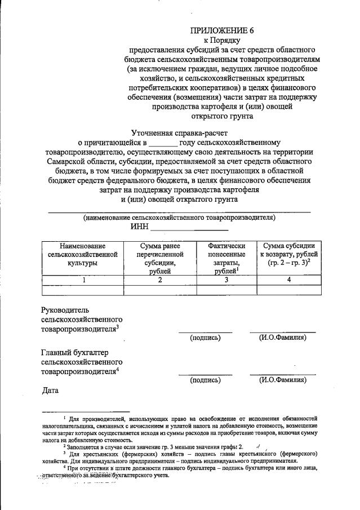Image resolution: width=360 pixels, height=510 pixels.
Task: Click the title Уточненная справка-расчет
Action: (178, 132)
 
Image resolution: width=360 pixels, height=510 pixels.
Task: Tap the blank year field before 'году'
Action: (163, 143)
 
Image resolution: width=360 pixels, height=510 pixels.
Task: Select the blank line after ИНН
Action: (189, 227)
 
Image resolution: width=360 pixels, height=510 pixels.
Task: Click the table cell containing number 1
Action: (83, 280)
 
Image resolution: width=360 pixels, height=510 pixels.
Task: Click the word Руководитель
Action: (65, 310)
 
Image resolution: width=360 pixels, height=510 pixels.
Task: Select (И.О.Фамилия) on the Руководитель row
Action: (283, 338)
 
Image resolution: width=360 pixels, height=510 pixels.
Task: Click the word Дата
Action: (51, 391)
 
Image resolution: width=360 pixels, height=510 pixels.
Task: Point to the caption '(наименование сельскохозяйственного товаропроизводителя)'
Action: (179, 217)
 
